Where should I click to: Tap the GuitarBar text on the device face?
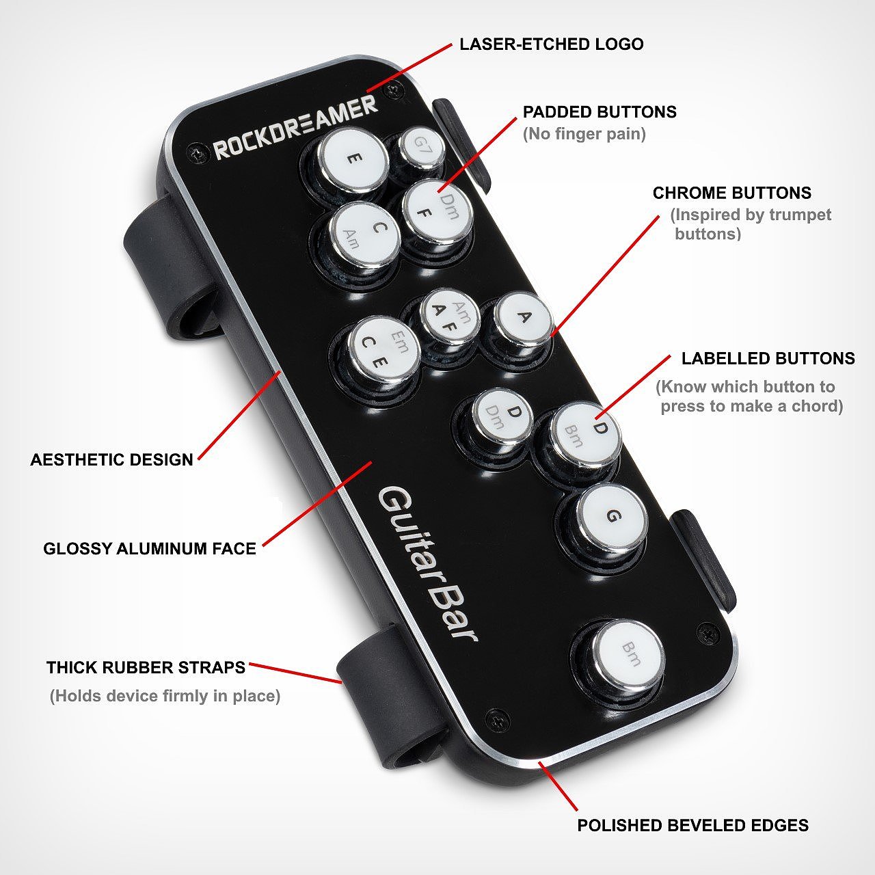(x=427, y=564)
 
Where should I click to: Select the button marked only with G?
(x=610, y=516)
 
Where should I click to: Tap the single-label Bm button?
(x=629, y=654)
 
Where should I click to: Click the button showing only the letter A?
(x=523, y=317)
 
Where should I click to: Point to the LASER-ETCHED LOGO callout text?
(x=551, y=44)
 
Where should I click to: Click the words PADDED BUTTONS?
(x=600, y=111)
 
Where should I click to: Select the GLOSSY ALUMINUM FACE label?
(x=150, y=548)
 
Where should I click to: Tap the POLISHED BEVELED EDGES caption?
(x=693, y=825)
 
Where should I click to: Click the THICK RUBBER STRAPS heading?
(x=146, y=667)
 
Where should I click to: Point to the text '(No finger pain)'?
(x=584, y=134)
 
